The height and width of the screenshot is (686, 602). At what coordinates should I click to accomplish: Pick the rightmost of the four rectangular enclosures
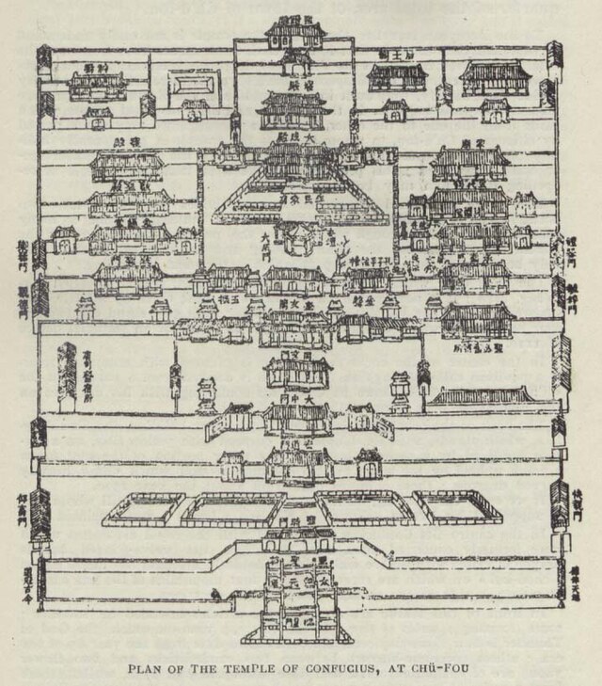click(x=458, y=507)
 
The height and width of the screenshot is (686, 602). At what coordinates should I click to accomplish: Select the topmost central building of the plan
click(x=295, y=36)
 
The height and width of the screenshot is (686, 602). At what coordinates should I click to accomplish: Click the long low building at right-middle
click(x=482, y=398)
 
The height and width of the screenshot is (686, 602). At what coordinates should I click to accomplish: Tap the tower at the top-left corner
click(x=42, y=62)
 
